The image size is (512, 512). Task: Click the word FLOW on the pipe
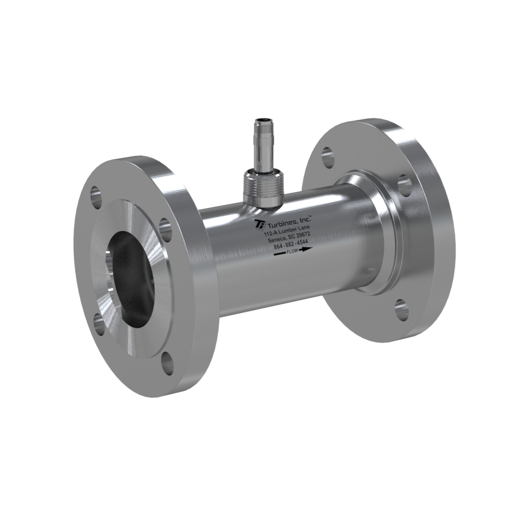pos(292,251)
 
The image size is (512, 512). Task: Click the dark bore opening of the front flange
pos(130,280)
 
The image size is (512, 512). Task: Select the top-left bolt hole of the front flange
pos(96,197)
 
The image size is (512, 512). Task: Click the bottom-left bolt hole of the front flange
pos(100,324)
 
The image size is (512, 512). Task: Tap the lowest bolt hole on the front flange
pos(167,364)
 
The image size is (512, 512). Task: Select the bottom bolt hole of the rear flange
pos(401,309)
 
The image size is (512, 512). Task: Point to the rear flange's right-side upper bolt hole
pos(404,185)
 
